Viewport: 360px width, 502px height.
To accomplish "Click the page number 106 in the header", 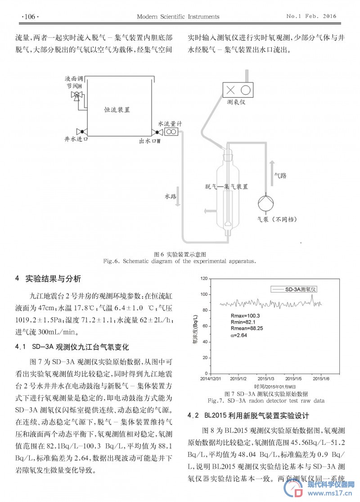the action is point(30,17).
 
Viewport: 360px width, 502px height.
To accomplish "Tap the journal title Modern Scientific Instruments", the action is point(178,17).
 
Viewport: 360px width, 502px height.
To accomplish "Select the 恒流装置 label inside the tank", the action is point(117,110).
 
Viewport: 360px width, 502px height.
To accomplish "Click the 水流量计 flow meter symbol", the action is point(171,131).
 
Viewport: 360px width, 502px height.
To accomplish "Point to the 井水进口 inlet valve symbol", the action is point(82,131).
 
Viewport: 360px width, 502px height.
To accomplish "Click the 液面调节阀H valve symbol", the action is point(76,95).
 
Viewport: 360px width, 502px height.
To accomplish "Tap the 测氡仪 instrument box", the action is point(238,90).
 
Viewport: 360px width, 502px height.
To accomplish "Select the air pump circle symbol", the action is point(266,204).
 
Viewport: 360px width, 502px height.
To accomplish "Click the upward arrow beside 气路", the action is point(272,173).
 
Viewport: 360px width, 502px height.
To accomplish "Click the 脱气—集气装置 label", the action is point(226,187).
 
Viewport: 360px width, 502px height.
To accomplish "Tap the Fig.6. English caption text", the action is point(180,261).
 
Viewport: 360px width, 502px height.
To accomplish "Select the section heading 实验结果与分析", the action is point(53,279).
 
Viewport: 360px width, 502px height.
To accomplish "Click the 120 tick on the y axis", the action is point(204,279).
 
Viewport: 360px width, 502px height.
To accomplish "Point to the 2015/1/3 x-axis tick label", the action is point(265,379).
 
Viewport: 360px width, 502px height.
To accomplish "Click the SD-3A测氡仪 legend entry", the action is point(294,289).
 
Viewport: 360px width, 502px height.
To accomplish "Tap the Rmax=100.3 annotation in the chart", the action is point(245,316).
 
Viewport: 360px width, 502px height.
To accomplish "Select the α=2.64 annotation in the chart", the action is point(238,335).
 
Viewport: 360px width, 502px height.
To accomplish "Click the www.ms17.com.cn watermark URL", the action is point(330,493).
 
